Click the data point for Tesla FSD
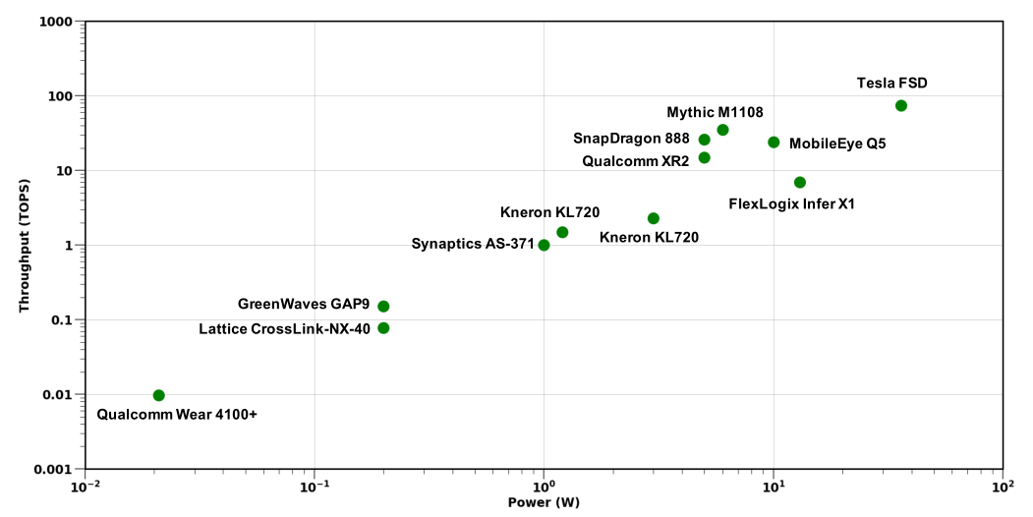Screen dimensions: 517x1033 tap(900, 105)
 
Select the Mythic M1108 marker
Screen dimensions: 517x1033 tap(722, 130)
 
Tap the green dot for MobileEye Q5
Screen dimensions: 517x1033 tap(774, 143)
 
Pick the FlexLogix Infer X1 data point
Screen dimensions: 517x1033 tap(799, 182)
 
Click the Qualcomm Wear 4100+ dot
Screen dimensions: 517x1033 tap(159, 395)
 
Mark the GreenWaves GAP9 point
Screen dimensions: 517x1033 tap(383, 306)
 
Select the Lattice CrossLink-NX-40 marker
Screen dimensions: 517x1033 tap(383, 328)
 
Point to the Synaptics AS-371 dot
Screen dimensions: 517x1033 tap(544, 245)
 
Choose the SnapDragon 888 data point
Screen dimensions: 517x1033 tap(704, 140)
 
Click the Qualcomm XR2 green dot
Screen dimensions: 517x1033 tap(704, 157)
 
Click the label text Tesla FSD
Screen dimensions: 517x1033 tap(891, 84)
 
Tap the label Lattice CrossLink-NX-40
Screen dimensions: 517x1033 tap(284, 328)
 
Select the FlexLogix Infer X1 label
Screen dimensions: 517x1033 tap(791, 204)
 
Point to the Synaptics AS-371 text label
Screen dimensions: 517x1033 tap(473, 244)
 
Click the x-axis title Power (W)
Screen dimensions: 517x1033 tap(544, 503)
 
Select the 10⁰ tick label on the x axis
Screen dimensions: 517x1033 tap(544, 486)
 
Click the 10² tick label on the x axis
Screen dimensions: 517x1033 tap(1002, 486)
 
